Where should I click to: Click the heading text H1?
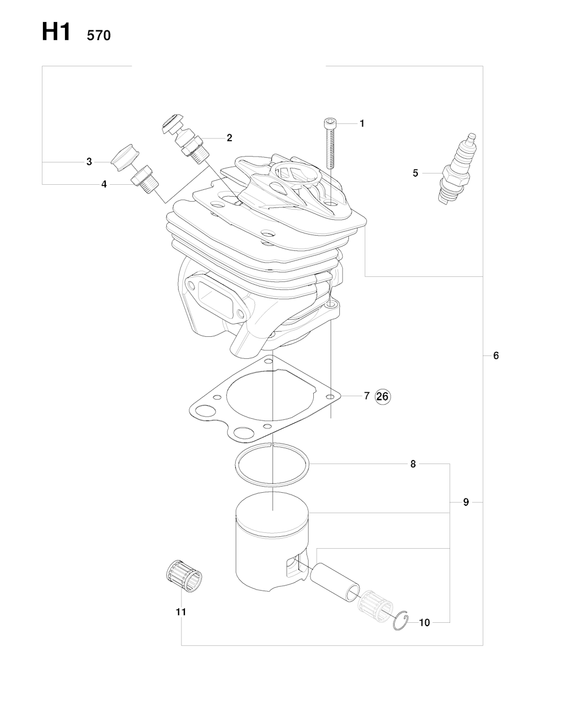(x=56, y=32)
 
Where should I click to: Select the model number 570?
(x=98, y=36)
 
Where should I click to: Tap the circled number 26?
(x=382, y=397)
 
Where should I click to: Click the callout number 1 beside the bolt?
(x=362, y=123)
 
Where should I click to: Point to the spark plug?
(x=457, y=169)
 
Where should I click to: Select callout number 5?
(x=415, y=173)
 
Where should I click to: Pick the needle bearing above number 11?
(x=184, y=576)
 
